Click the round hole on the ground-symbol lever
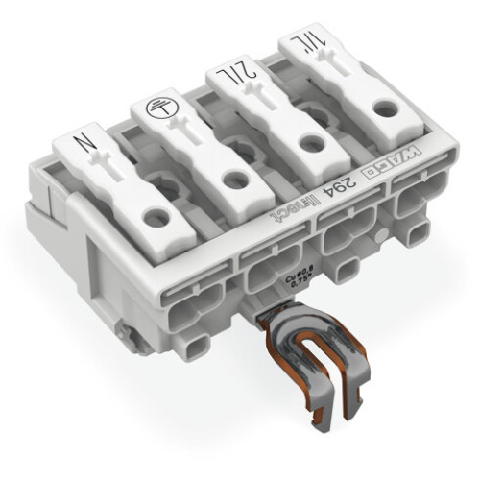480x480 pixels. (231, 179)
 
